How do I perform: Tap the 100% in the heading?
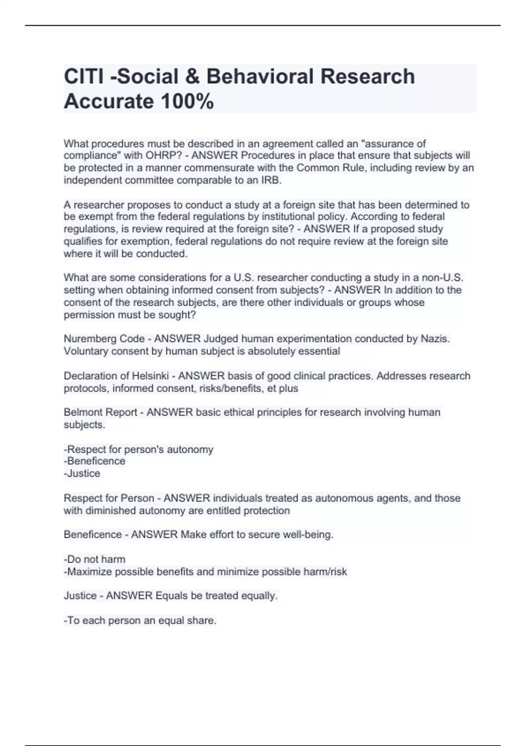coord(187,102)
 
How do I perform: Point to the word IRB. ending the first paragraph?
coord(271,180)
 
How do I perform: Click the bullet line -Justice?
coord(82,473)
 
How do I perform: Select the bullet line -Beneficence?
coord(95,461)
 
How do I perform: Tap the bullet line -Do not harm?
coord(95,559)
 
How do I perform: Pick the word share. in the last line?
coord(202,620)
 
